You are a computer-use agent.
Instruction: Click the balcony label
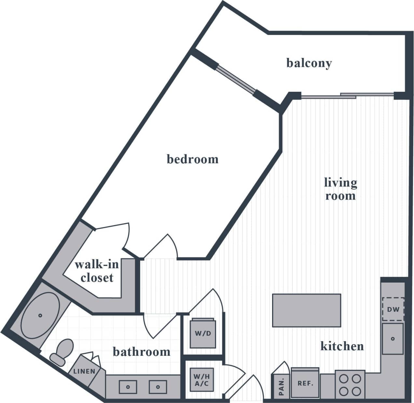[309, 63]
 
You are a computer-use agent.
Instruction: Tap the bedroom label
[192, 159]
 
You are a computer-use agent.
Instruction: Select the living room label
[340, 189]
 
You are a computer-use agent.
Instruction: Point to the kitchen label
[342, 346]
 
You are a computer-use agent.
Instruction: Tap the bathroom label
[142, 352]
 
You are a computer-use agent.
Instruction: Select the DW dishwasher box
[393, 309]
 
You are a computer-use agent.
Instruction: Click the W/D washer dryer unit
[203, 333]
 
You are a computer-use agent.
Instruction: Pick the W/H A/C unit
[201, 379]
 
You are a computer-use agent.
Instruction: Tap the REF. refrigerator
[305, 383]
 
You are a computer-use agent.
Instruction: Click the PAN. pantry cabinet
[281, 386]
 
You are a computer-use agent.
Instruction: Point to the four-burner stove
[350, 384]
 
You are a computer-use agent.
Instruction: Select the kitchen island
[307, 310]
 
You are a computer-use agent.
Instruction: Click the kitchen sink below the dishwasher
[393, 339]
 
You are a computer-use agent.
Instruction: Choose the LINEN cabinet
[84, 370]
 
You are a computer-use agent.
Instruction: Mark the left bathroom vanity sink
[128, 387]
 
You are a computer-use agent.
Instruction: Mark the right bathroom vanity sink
[158, 387]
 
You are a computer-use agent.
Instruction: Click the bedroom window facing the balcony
[236, 80]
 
